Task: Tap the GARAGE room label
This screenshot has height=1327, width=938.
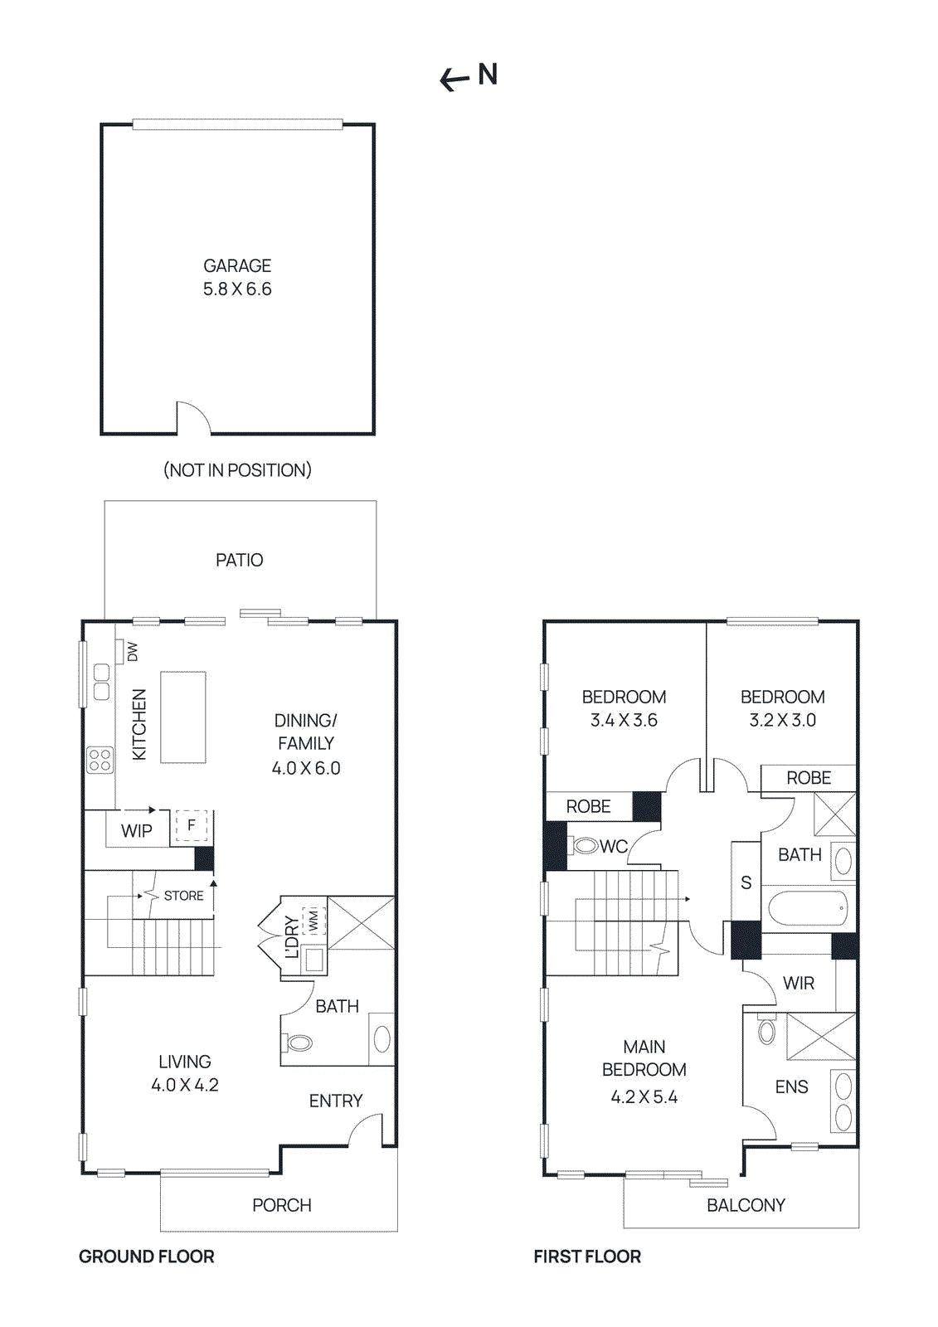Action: [237, 265]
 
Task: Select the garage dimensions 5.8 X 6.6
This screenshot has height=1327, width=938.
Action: [237, 289]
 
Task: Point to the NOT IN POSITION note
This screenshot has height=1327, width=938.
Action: [237, 470]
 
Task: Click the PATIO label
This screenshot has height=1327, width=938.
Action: [239, 561]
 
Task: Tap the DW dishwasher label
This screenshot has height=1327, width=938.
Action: [133, 652]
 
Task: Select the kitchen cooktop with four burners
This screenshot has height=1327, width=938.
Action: [100, 760]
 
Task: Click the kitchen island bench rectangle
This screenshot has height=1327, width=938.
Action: [182, 717]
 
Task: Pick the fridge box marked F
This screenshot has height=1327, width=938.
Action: [192, 826]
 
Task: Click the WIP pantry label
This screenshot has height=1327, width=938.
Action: [137, 831]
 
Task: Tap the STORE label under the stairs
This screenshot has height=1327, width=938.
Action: [183, 896]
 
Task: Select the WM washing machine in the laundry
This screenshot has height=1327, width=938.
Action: [313, 920]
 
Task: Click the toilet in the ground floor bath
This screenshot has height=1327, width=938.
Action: [298, 1043]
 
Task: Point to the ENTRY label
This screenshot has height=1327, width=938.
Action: [336, 1101]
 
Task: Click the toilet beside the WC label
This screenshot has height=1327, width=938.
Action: [585, 846]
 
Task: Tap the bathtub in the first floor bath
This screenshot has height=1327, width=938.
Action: [808, 908]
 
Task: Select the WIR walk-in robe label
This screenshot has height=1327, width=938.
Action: [799, 984]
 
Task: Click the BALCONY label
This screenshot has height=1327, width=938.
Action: [746, 1205]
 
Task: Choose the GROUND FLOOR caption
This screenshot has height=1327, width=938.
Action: [147, 1257]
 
